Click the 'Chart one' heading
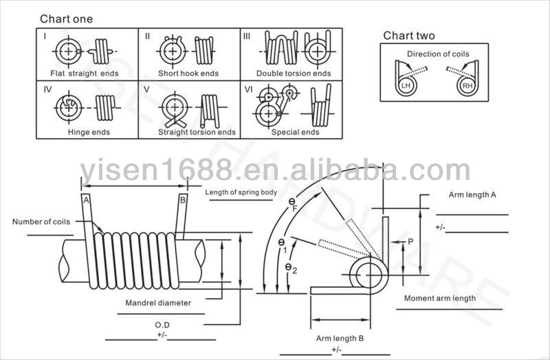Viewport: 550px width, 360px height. click(66, 19)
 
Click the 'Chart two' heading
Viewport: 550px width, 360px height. click(409, 36)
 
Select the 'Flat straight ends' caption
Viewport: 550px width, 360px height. click(85, 74)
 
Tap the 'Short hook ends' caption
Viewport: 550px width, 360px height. click(188, 74)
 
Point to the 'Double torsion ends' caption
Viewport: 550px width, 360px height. click(294, 74)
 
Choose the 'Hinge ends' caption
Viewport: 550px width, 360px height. click(89, 132)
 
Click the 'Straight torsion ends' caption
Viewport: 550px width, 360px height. click(197, 132)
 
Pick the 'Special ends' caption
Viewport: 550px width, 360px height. click(296, 132)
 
